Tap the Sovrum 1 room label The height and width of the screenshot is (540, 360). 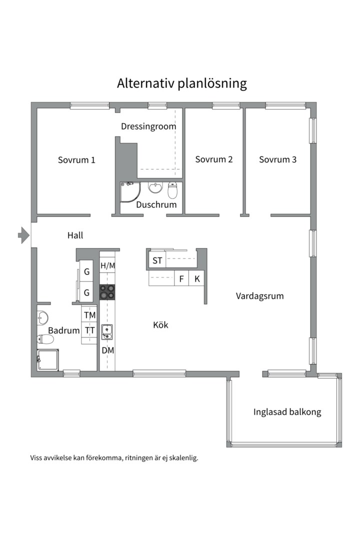coord(76,160)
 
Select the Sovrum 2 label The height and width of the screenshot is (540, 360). coord(214,159)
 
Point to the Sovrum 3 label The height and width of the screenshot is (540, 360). coord(277,159)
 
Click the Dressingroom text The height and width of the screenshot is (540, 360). coord(148,126)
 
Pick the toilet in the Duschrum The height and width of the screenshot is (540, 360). coord(172,190)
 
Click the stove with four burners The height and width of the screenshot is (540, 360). coord(107,292)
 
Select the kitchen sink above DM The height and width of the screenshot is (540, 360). coord(107,330)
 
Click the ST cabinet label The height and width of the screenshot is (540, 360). coord(157,260)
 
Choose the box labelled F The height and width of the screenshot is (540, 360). coord(181,279)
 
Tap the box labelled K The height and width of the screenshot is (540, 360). coord(197,279)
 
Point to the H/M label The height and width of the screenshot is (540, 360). coord(107,265)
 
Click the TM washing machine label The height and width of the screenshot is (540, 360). coord(90,315)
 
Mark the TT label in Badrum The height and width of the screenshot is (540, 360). coord(90,330)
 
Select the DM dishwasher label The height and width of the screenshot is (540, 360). coord(108,350)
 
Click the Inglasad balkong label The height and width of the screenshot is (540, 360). coord(287,412)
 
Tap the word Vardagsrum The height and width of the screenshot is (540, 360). coord(259,296)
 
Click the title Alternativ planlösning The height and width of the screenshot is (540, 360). coord(182,83)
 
